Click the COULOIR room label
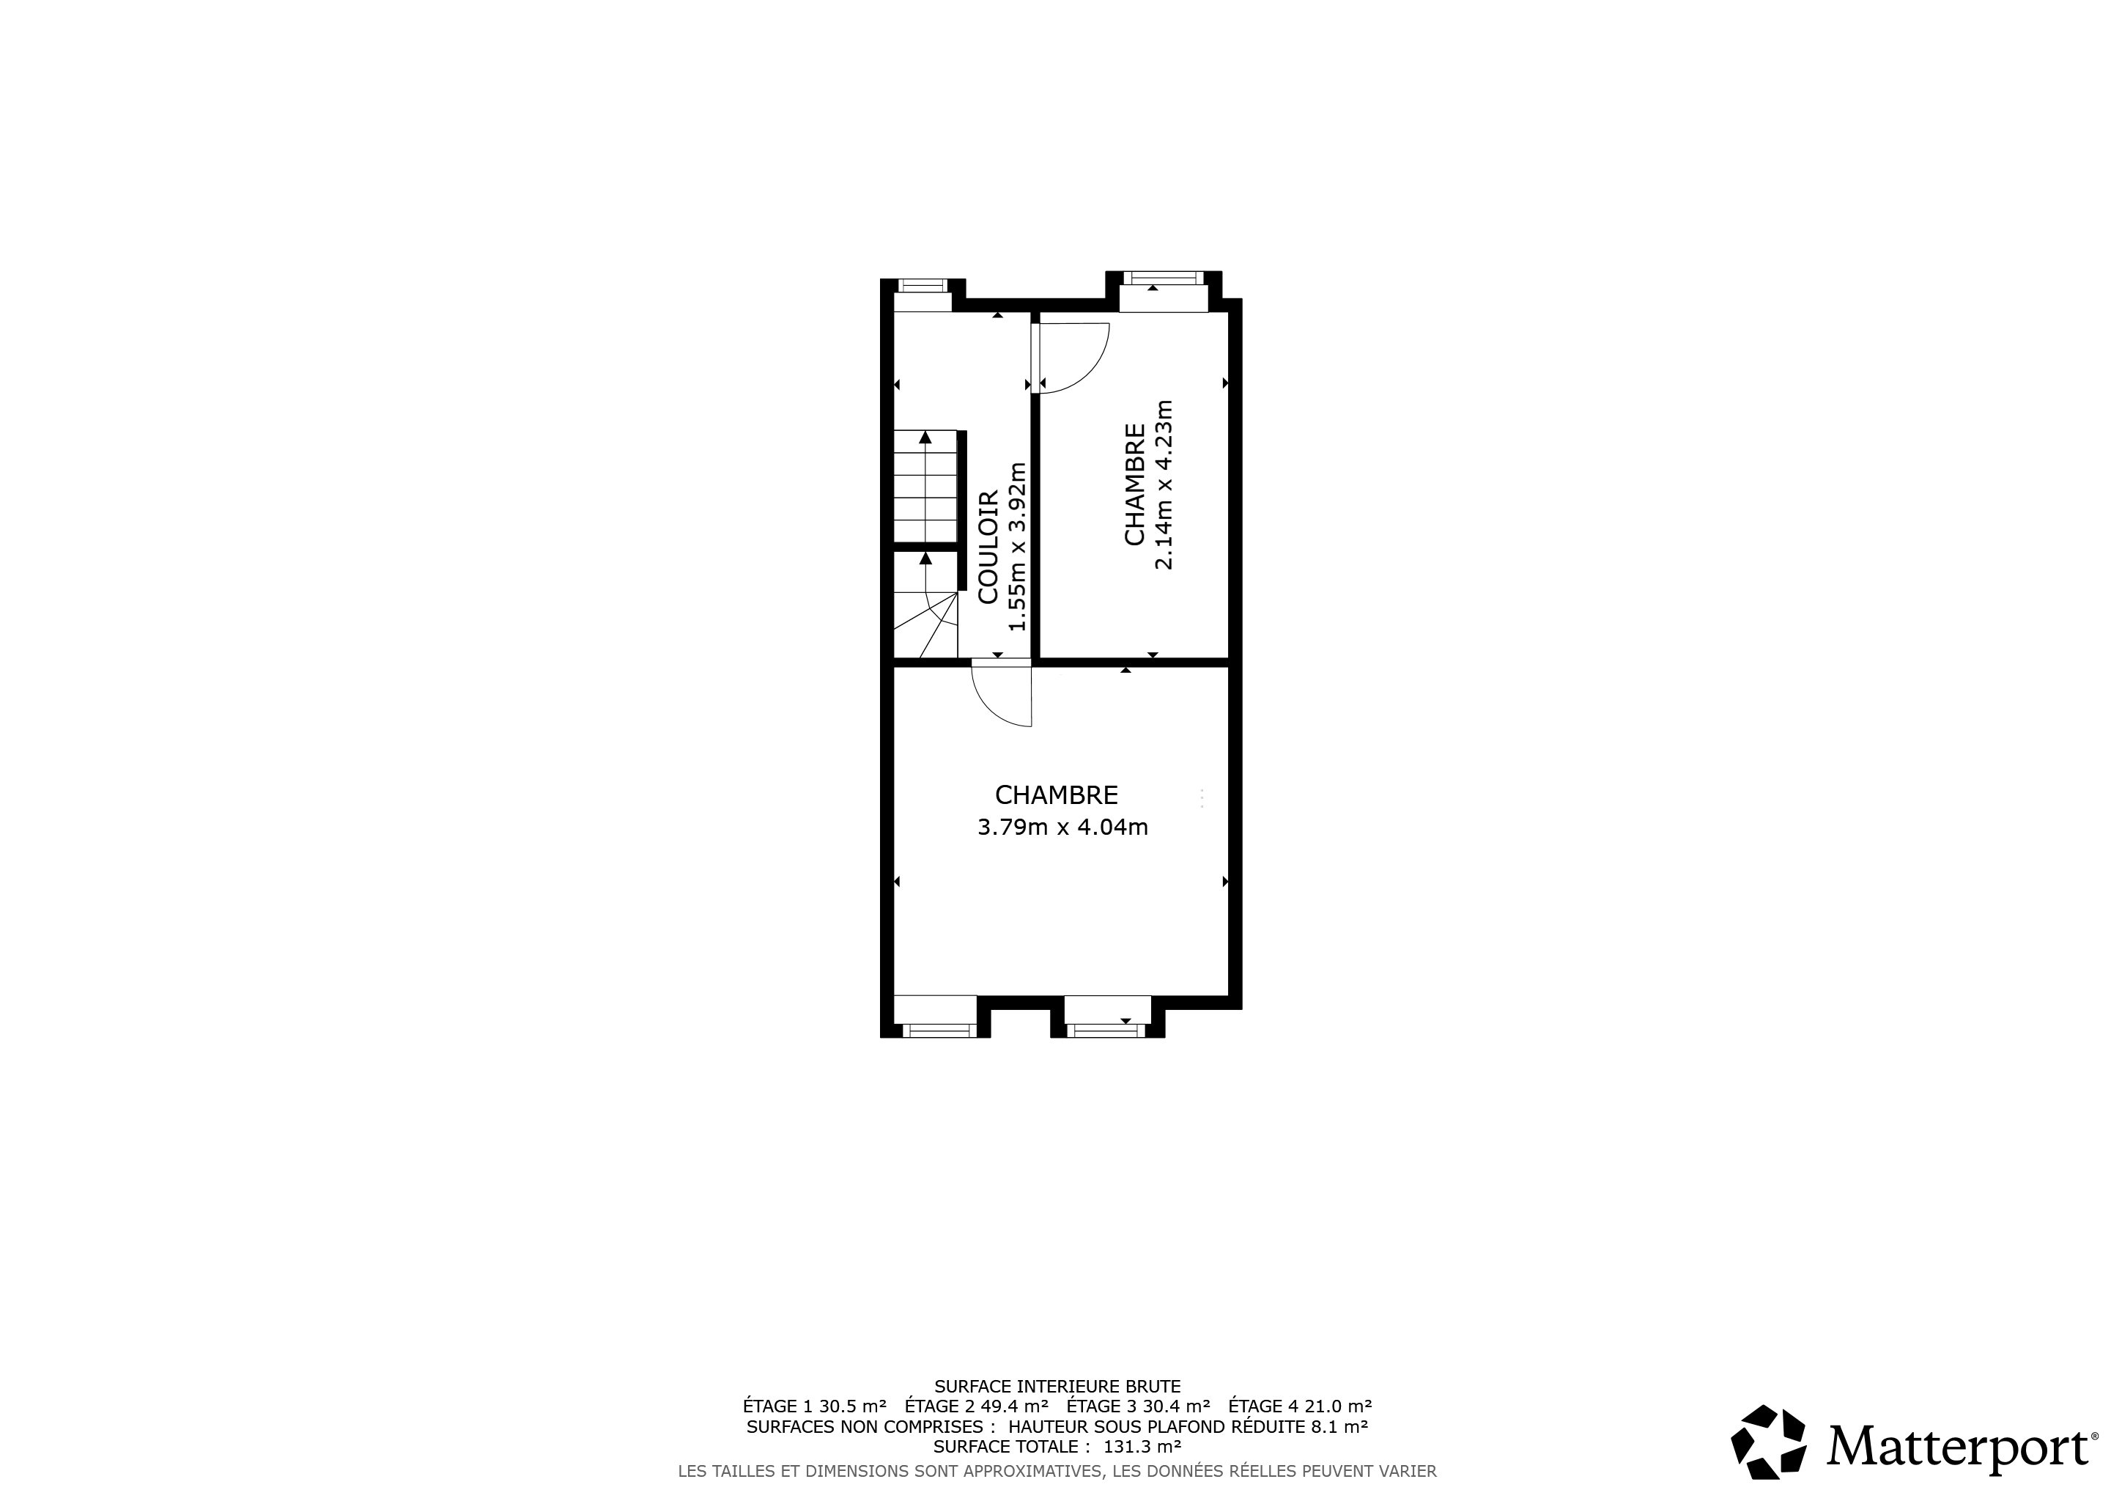click(988, 547)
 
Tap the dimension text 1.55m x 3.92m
click(1018, 547)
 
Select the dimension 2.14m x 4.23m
click(1164, 484)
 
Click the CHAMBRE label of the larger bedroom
click(1057, 795)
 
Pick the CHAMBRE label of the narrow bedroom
click(1135, 484)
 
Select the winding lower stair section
click(925, 605)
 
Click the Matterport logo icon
click(1768, 1442)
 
